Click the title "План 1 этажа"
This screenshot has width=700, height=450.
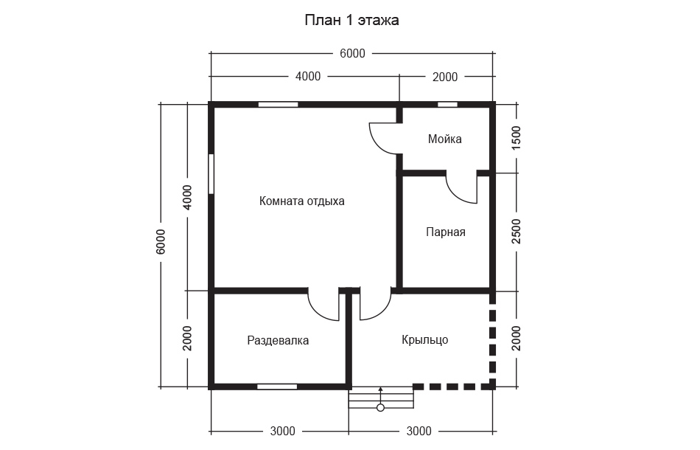tap(351, 21)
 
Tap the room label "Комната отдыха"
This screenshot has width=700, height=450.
tap(302, 201)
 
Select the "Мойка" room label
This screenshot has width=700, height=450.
tap(444, 139)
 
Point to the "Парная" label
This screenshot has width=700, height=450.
tap(446, 232)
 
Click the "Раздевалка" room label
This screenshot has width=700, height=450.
tap(278, 341)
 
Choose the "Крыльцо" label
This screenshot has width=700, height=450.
tap(425, 339)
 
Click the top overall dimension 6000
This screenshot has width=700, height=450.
tap(352, 54)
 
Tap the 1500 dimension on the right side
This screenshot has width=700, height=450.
tap(516, 138)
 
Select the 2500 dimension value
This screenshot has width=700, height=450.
tap(516, 231)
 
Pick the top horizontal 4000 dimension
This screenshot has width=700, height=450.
tap(308, 77)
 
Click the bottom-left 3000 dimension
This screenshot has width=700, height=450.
tap(283, 432)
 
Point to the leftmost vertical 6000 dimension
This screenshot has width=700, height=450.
tap(161, 242)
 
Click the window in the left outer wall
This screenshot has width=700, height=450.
tap(211, 174)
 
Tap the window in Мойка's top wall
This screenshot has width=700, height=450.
tap(447, 105)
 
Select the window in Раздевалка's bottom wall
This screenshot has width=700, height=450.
tap(277, 387)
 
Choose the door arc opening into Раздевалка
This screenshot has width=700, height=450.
tap(315, 312)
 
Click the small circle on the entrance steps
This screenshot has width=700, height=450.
tap(380, 407)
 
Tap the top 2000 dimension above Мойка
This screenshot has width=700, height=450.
tap(445, 77)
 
